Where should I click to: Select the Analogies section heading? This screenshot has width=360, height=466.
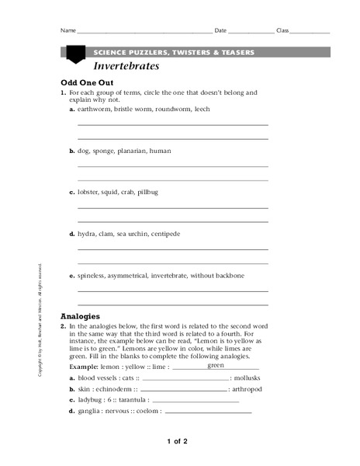(81, 317)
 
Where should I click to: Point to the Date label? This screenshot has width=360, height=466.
(220, 30)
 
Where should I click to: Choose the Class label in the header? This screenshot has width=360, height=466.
(282, 30)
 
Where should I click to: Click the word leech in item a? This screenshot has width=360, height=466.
(202, 110)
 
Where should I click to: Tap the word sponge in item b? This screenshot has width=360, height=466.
(105, 151)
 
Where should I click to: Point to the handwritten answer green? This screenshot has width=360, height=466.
(216, 364)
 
